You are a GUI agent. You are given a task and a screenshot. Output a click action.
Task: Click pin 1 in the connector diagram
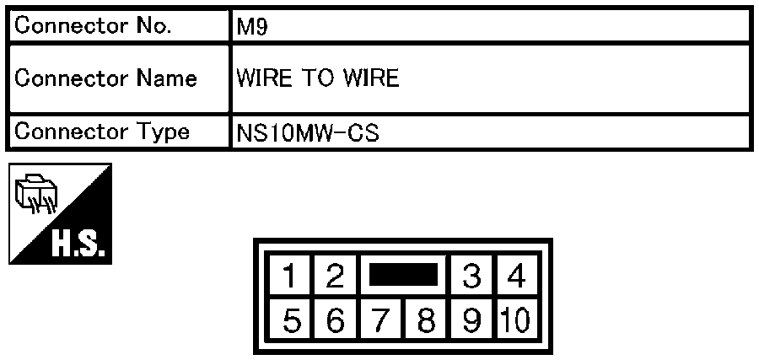pyautogui.click(x=290, y=276)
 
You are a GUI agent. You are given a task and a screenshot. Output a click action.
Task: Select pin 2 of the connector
pyautogui.click(x=335, y=276)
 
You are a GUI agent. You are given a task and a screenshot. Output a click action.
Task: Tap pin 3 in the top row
pyautogui.click(x=472, y=276)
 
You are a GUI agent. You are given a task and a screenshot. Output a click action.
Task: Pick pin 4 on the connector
pyautogui.click(x=517, y=276)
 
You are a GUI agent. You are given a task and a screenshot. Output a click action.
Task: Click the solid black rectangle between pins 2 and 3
pyautogui.click(x=403, y=274)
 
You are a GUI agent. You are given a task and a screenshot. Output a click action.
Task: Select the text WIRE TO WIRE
pyautogui.click(x=318, y=78)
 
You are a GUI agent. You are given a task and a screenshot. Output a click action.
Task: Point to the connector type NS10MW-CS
pyautogui.click(x=308, y=133)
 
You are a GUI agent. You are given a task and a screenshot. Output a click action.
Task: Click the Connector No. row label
pyautogui.click(x=93, y=26)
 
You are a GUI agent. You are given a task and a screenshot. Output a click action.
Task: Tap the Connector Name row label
pyautogui.click(x=106, y=78)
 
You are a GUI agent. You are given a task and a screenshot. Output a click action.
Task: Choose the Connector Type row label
pyautogui.click(x=102, y=132)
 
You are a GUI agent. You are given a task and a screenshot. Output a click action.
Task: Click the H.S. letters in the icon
pyautogui.click(x=78, y=247)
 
